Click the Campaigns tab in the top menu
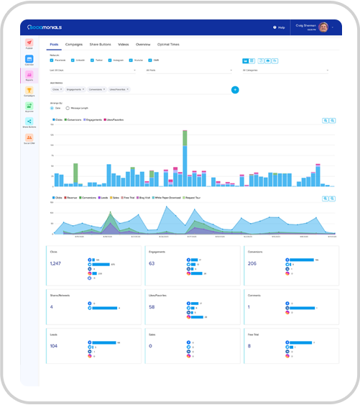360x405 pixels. (x=73, y=45)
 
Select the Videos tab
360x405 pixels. (x=124, y=45)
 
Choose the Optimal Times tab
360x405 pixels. (x=169, y=45)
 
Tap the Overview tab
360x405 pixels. (x=144, y=45)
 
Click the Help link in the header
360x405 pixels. (x=280, y=27)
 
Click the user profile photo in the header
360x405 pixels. (x=323, y=27)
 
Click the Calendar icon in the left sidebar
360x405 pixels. (x=29, y=60)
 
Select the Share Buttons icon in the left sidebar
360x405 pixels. (x=29, y=122)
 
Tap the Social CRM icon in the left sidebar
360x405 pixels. (x=29, y=138)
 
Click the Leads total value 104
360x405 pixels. (x=54, y=346)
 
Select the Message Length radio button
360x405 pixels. (x=67, y=107)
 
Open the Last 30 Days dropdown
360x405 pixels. (x=92, y=70)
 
